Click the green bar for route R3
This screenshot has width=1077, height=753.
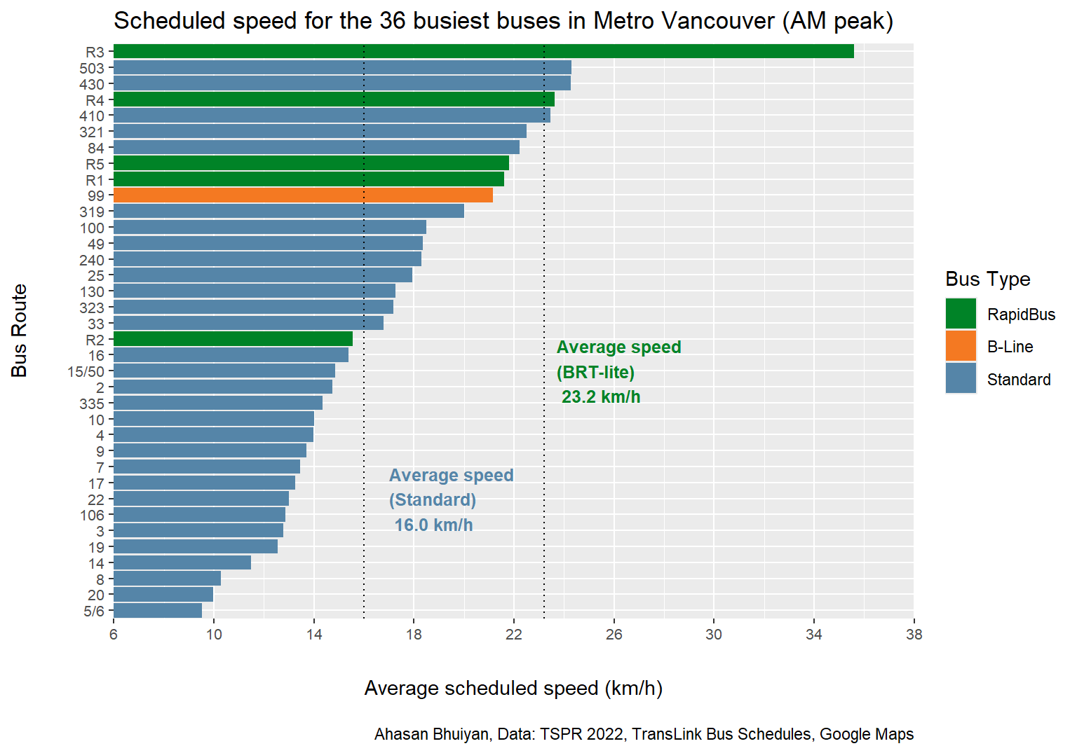pos(484,52)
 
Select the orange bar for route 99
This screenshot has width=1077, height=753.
pos(303,195)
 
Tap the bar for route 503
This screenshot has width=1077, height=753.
pos(342,68)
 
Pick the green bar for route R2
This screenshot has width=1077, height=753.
pos(233,339)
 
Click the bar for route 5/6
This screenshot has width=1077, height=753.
pos(158,611)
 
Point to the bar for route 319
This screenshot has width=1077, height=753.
pos(289,212)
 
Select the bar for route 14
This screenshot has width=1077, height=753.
pos(182,562)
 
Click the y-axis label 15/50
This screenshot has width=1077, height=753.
pos(86,372)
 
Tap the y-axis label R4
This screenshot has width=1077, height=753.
pos(95,100)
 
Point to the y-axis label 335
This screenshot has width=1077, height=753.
pos(92,403)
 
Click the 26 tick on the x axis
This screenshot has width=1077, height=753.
pos(614,635)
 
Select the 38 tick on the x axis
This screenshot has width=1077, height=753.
pos(914,635)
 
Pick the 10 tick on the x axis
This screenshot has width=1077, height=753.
pos(214,635)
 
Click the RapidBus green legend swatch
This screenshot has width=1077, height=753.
pos(961,314)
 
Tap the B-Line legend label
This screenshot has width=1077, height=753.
pos(1010,347)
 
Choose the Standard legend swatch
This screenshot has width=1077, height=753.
pos(961,378)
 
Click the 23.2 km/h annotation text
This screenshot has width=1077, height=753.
pos(601,397)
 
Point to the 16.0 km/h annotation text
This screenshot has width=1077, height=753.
pos(433,525)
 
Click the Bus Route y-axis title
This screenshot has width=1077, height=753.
pos(20,331)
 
